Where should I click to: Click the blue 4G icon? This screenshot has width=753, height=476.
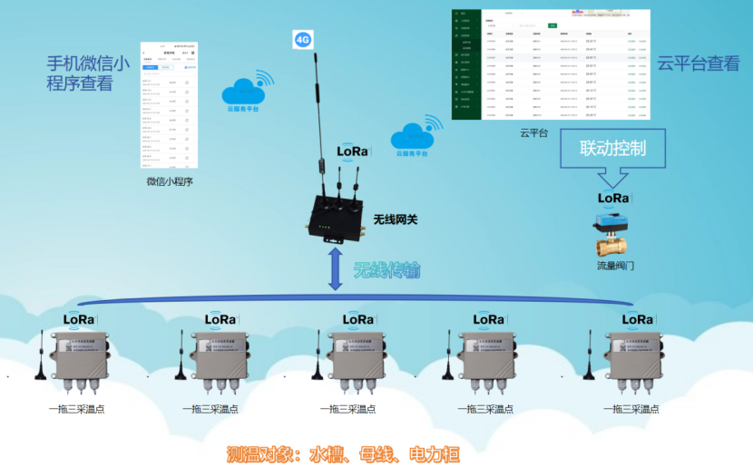tap(303, 40)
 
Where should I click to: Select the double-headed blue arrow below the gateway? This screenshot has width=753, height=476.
tap(335, 271)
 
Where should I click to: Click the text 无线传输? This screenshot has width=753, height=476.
tap(386, 270)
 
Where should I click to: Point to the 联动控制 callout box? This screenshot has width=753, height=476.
tap(612, 149)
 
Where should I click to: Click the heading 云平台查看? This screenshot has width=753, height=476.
tap(698, 63)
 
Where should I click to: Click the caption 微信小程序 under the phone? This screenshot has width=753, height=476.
tap(170, 181)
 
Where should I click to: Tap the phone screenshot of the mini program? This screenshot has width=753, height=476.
tap(170, 104)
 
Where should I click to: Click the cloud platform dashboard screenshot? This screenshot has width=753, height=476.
tap(551, 63)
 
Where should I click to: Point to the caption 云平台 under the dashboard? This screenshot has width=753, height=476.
tap(533, 133)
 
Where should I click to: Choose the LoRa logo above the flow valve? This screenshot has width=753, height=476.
tap(613, 197)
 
